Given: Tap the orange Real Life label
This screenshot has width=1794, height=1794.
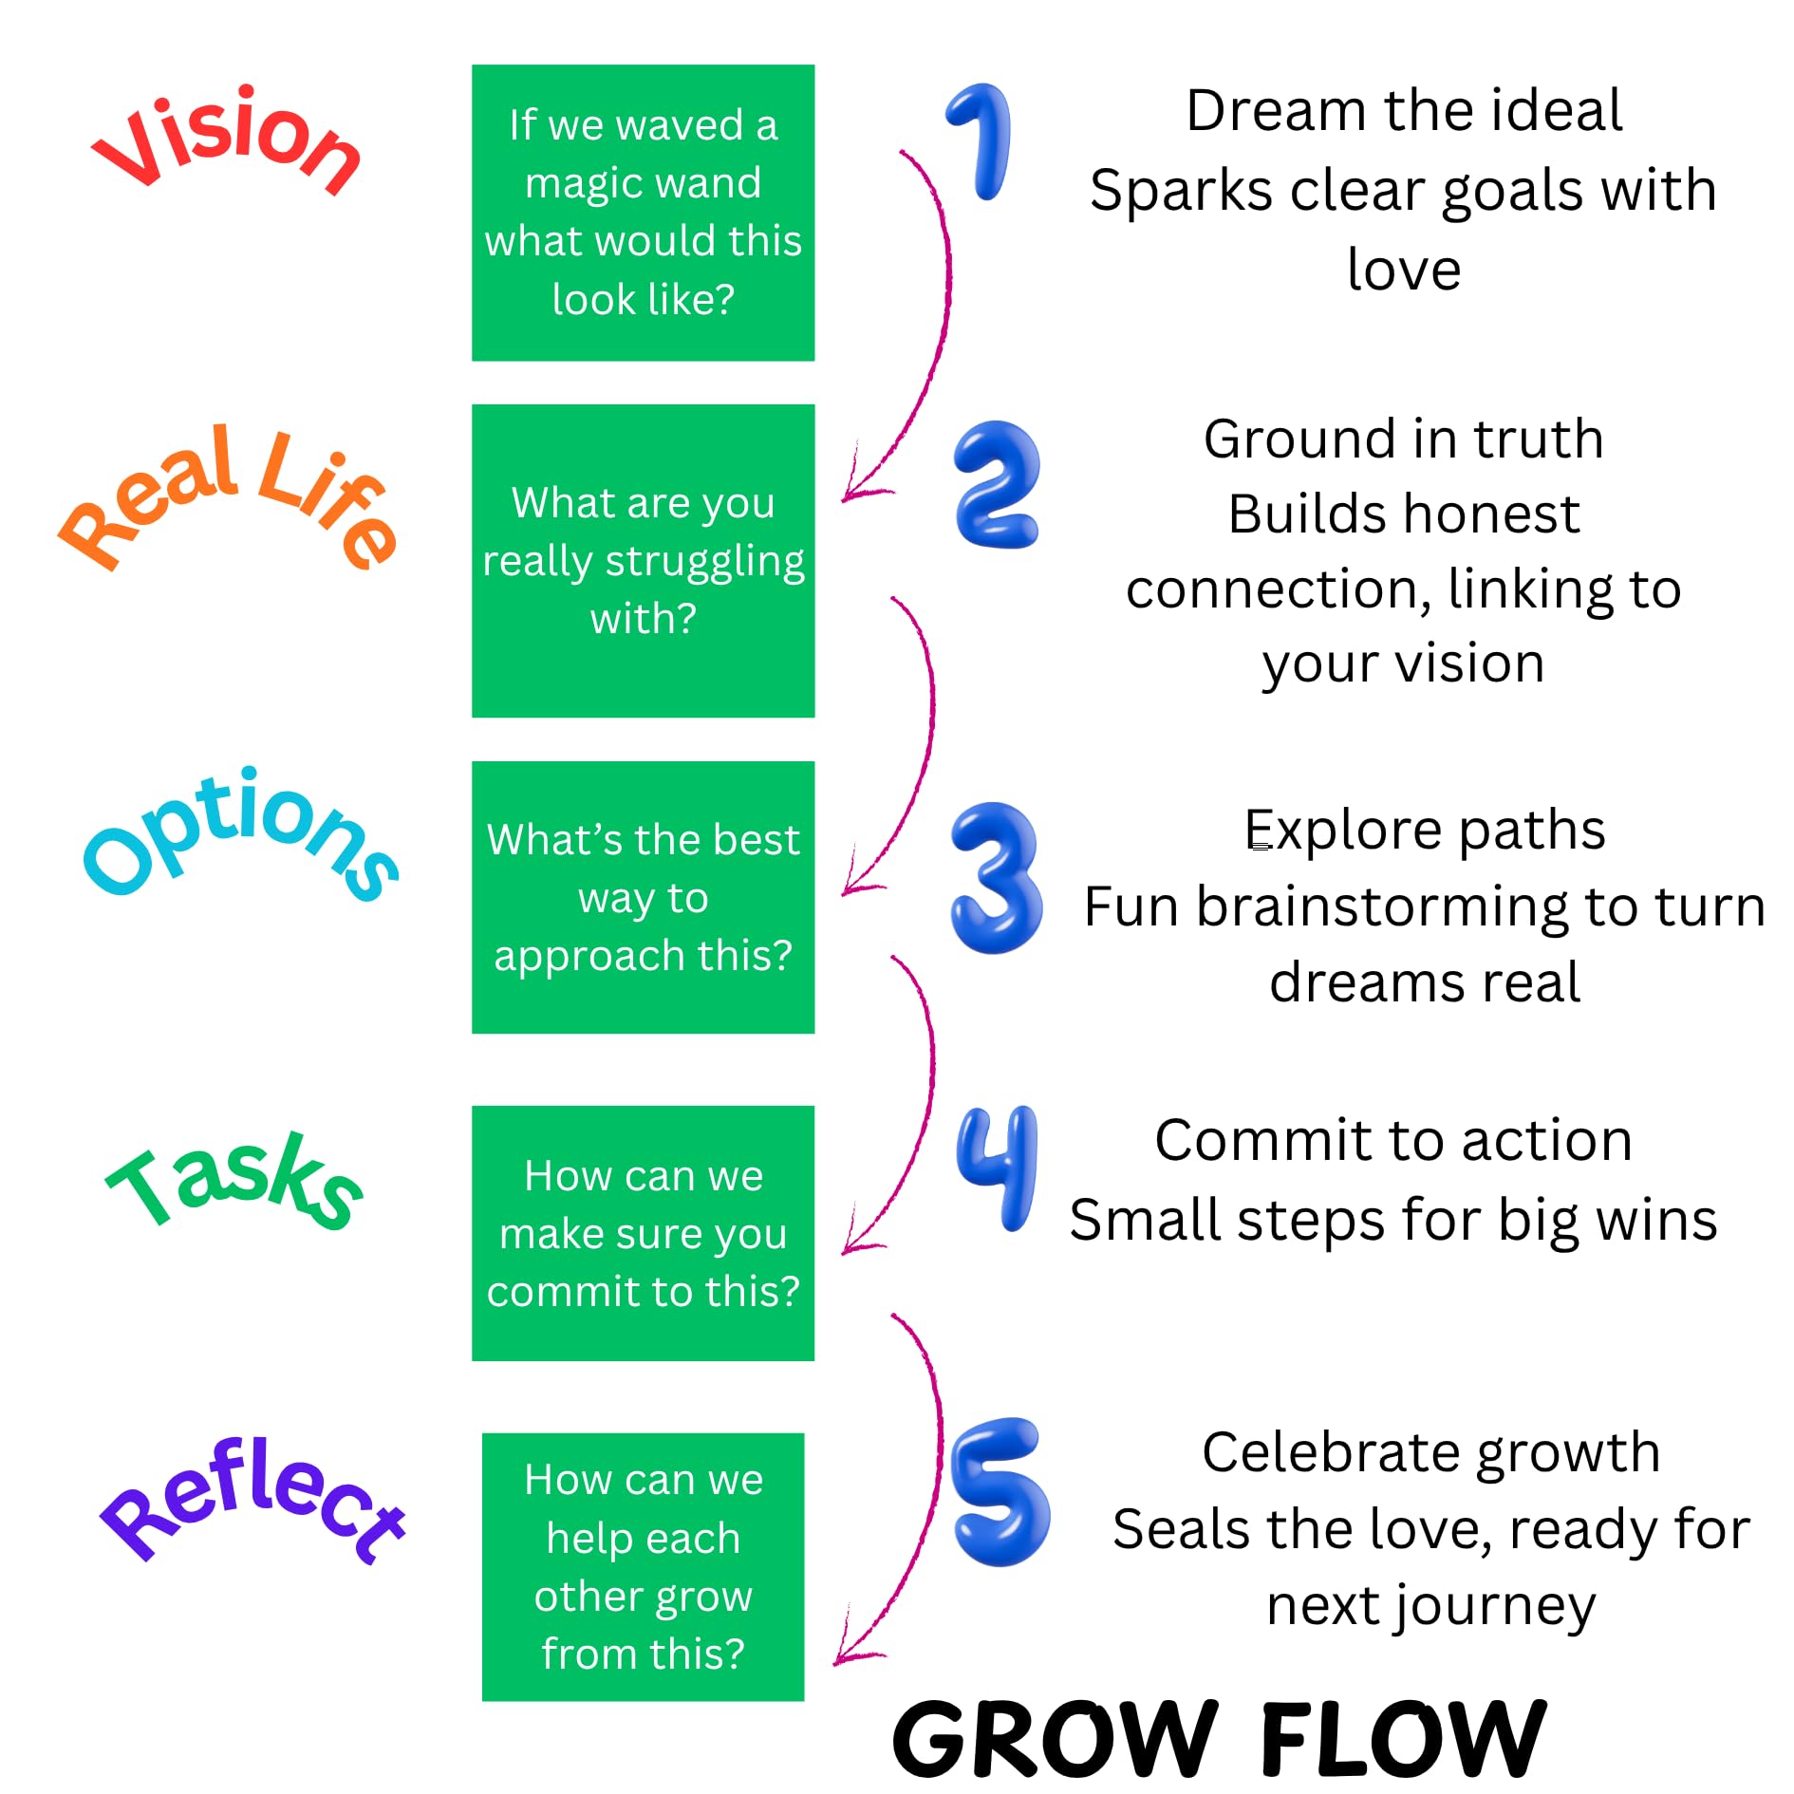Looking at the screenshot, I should coord(228,498).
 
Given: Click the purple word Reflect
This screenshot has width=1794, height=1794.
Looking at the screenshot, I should coord(252,1500).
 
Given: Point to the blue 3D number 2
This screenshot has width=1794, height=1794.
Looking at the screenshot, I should coord(997,485).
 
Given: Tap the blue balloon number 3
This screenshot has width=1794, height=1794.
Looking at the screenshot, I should coord(996,877).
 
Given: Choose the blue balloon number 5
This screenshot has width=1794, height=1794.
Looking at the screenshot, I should coord(1000,1491).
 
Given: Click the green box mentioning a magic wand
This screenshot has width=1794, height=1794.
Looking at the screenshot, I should coord(643,213).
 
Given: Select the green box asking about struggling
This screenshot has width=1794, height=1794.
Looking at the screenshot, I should coord(643,561).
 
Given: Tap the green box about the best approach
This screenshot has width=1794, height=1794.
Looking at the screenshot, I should coord(643,897).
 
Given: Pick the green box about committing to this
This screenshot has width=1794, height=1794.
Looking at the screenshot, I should coord(643,1233).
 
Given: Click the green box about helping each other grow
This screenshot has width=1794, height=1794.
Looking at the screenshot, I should coord(643,1566).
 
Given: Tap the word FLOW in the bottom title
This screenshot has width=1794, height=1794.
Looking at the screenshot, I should coord(1403,1737).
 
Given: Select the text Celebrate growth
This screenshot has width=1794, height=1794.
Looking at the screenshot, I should coord(1430,1452).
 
